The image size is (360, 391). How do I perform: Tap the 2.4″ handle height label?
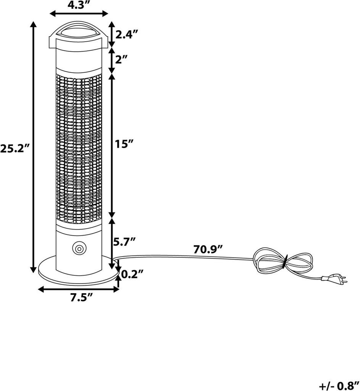coord(126,35)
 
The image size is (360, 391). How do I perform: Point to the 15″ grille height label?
coord(124,144)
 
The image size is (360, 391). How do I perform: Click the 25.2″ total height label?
coord(15,149)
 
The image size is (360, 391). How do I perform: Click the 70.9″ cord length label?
coord(208,250)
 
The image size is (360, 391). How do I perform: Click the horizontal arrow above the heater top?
coord(79,14)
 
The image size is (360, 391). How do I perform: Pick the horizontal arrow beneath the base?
coord(79,289)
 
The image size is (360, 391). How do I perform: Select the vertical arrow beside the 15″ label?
coord(112,145)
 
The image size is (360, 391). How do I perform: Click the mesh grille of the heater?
coord(79,149)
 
